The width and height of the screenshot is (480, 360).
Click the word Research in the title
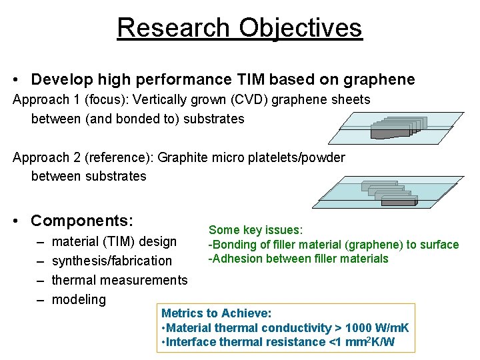point(173,27)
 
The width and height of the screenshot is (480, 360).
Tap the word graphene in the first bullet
point(379,80)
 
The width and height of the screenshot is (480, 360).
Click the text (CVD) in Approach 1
point(231,99)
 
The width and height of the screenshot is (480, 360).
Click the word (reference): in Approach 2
point(110,157)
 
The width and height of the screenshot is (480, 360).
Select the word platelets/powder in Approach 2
point(296,157)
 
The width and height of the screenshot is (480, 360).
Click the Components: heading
point(82,221)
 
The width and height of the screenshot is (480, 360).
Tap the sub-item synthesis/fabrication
point(111,261)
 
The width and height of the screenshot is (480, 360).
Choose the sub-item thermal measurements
point(119,280)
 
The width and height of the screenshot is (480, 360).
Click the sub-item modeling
point(79,299)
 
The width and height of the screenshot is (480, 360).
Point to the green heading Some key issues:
point(256,230)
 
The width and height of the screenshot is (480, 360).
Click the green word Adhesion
point(237,259)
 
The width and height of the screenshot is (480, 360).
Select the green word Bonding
point(233,245)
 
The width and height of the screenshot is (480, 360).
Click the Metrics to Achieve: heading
point(216,313)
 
